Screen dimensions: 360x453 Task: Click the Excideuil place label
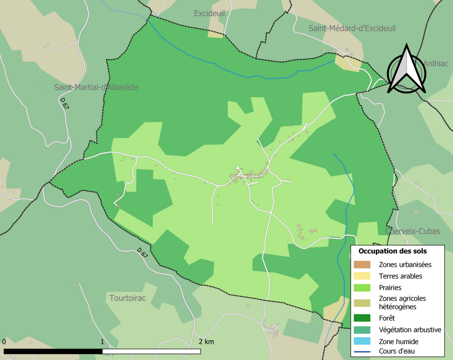click(209, 14)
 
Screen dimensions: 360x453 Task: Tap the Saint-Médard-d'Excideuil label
click(352, 28)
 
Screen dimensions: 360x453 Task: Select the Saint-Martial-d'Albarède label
click(96, 87)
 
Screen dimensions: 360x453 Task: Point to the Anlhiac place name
click(436, 63)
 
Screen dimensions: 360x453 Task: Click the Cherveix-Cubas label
click(413, 231)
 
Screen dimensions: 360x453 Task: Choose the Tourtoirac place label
click(127, 298)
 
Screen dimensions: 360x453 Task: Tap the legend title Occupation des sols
click(392, 251)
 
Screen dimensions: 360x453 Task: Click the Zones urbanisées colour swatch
click(361, 265)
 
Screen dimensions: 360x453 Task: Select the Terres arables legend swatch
click(361, 276)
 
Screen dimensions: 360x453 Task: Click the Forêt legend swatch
click(361, 318)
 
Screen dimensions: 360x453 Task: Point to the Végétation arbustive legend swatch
click(361, 330)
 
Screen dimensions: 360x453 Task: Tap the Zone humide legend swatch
click(361, 341)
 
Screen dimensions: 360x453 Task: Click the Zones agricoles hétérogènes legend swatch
click(361, 303)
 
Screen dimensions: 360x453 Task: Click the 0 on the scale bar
click(4, 341)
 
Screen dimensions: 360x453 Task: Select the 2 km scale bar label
click(206, 341)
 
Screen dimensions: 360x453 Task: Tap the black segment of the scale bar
click(53, 351)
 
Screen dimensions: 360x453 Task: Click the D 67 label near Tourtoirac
click(142, 252)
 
